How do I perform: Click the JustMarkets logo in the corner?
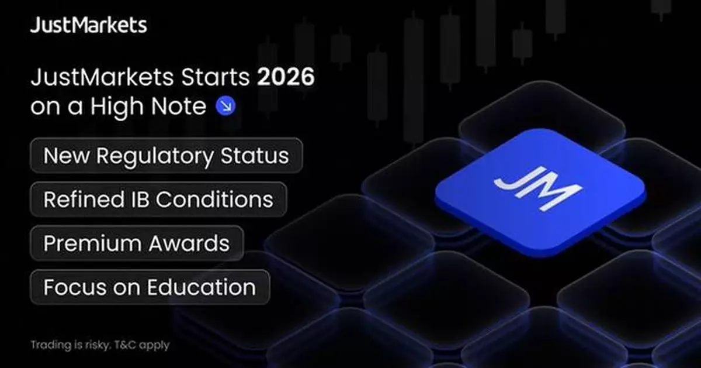88,26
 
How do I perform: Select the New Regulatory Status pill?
166,155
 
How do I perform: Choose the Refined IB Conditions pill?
158,200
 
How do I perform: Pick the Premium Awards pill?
137,243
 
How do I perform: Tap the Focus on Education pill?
150,287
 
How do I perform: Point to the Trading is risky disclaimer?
100,345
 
